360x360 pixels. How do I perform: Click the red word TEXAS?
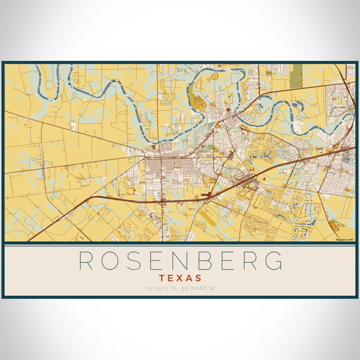(x=181, y=278)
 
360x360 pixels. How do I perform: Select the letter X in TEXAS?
(x=181, y=278)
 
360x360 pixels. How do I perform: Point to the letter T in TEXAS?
(x=163, y=278)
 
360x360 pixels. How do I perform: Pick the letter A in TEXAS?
(x=189, y=278)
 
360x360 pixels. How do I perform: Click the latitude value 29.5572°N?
(x=162, y=289)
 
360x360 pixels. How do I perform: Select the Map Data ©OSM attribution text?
(x=344, y=239)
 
